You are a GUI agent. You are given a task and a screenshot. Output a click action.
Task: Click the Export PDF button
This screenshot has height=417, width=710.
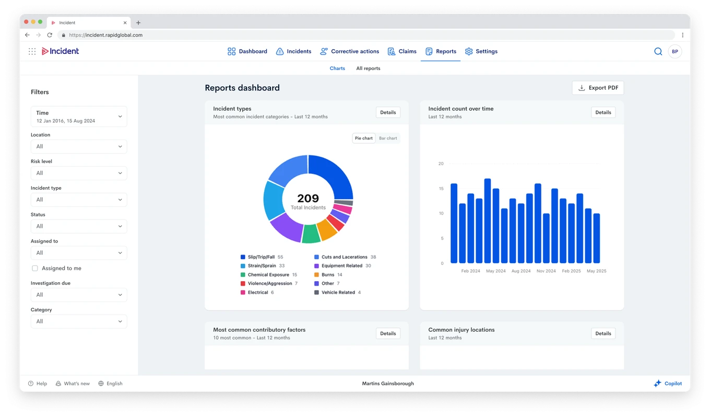tap(598, 88)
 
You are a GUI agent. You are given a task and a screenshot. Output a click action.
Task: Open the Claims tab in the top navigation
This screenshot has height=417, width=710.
tap(402, 51)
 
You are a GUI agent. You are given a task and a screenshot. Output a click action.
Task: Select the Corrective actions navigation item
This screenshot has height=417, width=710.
tap(349, 51)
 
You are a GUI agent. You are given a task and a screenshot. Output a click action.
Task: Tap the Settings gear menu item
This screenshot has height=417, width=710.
tap(481, 51)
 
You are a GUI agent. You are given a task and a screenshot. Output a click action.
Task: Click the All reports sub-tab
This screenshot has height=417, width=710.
tap(368, 68)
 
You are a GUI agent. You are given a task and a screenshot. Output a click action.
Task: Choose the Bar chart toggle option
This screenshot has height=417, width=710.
tap(388, 138)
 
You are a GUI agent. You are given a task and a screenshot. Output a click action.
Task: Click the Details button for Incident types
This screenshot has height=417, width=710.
tap(388, 112)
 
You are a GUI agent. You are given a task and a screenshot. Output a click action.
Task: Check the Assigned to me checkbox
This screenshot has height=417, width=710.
tap(35, 268)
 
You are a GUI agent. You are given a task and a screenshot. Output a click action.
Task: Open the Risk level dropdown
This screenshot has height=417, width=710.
tap(79, 173)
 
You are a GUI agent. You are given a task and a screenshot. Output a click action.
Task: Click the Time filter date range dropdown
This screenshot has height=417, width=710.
tap(79, 117)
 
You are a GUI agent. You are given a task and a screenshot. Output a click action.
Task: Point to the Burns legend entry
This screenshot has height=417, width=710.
tap(328, 274)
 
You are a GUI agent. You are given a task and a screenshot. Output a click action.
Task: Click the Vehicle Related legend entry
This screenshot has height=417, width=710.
tap(337, 292)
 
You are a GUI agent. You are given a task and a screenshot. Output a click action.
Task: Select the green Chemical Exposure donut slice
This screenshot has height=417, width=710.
tap(310, 234)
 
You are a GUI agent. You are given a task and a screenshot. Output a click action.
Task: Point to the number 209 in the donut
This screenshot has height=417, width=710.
tap(308, 199)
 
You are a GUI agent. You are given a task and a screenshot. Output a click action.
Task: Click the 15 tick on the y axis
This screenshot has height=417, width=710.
tap(441, 189)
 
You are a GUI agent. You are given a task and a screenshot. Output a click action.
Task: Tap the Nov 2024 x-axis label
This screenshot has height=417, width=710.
tap(546, 271)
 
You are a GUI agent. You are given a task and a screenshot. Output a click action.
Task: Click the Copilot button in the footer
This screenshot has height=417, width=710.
tap(668, 384)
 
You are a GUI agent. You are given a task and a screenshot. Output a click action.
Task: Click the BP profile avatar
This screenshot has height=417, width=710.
tap(675, 51)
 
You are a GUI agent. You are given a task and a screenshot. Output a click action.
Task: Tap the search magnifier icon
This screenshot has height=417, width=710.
tap(658, 51)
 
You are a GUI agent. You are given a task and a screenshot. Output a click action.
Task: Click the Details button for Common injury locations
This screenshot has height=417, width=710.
tap(603, 333)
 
